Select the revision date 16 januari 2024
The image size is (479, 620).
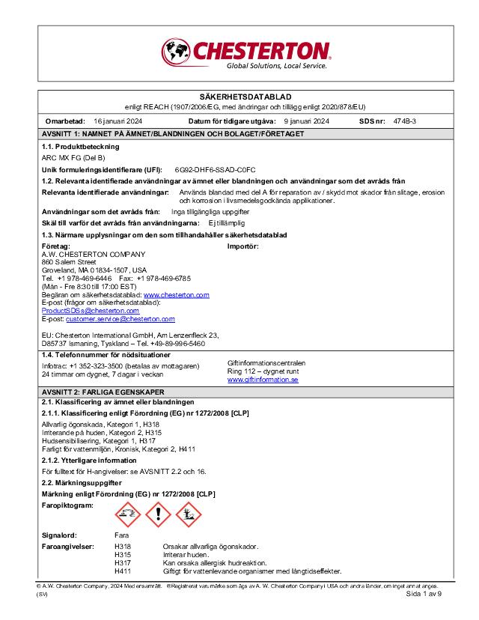coord(118,121)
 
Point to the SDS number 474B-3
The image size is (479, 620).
coord(405,121)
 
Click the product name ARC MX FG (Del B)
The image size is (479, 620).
coord(73,158)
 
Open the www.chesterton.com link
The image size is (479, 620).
coord(176,295)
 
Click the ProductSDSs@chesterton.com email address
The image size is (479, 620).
coord(80,310)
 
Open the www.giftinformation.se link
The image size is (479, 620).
coord(263,380)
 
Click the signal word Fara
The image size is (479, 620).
coord(121,535)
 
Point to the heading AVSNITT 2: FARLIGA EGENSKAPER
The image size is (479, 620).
coord(103,392)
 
